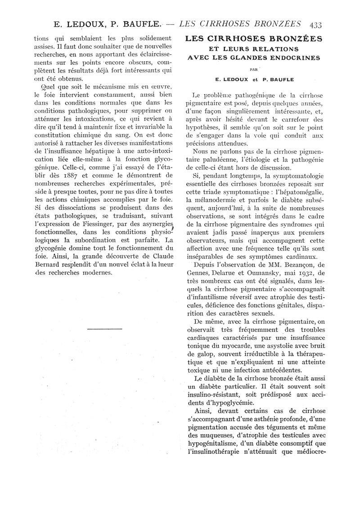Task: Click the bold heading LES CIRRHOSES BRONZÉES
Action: tap(254, 39)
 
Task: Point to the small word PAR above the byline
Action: tap(253, 70)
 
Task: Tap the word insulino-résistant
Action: tap(212, 394)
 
